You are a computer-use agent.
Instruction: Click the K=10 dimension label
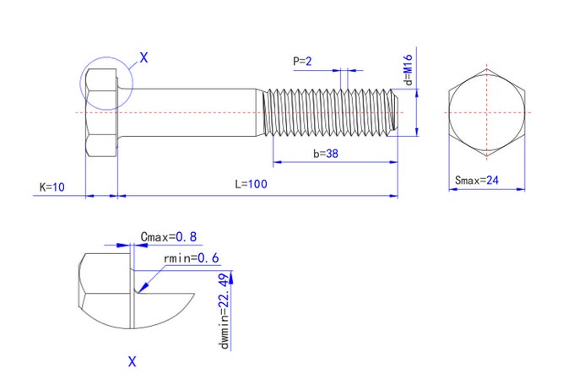pyautogui.click(x=52, y=187)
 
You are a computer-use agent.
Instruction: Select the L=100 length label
pyautogui.click(x=251, y=184)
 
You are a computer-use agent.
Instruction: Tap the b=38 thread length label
pyautogui.click(x=326, y=154)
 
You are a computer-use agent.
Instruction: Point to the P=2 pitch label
pyautogui.click(x=302, y=62)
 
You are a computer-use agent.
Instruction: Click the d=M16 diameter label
pyautogui.click(x=409, y=70)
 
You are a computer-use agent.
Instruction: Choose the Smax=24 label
pyautogui.click(x=477, y=180)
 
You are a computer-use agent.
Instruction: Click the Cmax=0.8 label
pyautogui.click(x=169, y=237)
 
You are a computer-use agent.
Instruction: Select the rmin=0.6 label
pyautogui.click(x=191, y=257)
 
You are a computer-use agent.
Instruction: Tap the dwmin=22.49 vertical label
pyautogui.click(x=224, y=311)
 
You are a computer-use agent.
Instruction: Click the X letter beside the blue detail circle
pyautogui.click(x=143, y=57)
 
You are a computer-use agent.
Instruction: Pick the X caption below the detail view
pyautogui.click(x=133, y=361)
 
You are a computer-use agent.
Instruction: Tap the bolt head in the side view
pyautogui.click(x=101, y=113)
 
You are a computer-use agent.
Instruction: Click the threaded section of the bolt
pyautogui.click(x=330, y=112)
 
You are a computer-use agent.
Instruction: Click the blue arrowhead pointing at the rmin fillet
pyautogui.click(x=143, y=288)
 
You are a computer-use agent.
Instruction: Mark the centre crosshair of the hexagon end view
pyautogui.click(x=487, y=112)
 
